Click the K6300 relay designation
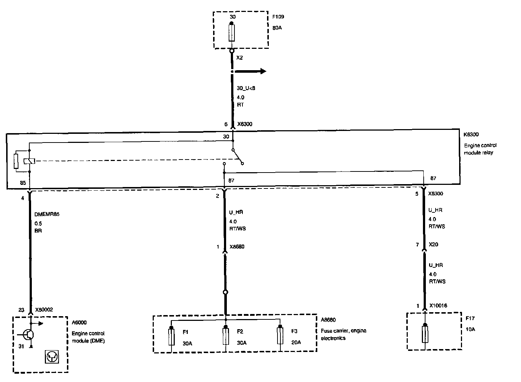click(x=471, y=135)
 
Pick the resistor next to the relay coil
click(x=16, y=161)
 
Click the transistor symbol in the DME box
click(x=27, y=334)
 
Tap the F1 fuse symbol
click(x=171, y=337)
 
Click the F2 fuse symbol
click(x=226, y=337)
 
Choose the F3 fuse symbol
click(x=280, y=337)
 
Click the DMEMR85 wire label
click(x=47, y=214)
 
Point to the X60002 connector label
click(x=44, y=310)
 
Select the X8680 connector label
click(x=237, y=247)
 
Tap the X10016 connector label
click(x=438, y=306)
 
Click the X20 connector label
click(x=433, y=245)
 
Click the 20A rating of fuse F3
click(x=296, y=343)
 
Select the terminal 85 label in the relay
click(x=23, y=183)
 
